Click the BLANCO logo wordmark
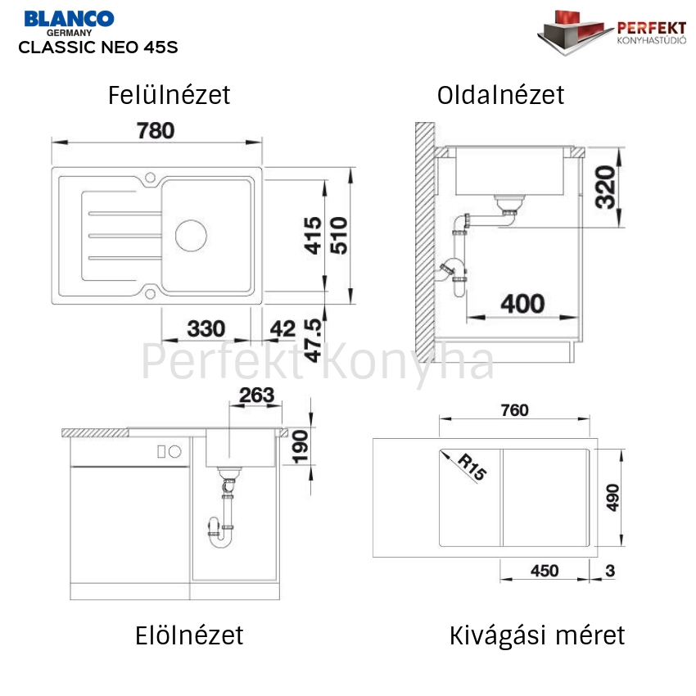(x=69, y=19)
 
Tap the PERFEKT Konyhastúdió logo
(x=611, y=33)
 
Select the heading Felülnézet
(x=169, y=95)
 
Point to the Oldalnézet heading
(x=500, y=95)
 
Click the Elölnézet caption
(x=189, y=635)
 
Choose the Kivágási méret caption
(x=537, y=635)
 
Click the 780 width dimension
(x=156, y=130)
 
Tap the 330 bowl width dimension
(x=206, y=329)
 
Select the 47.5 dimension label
(x=313, y=341)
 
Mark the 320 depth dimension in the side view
(x=605, y=187)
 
